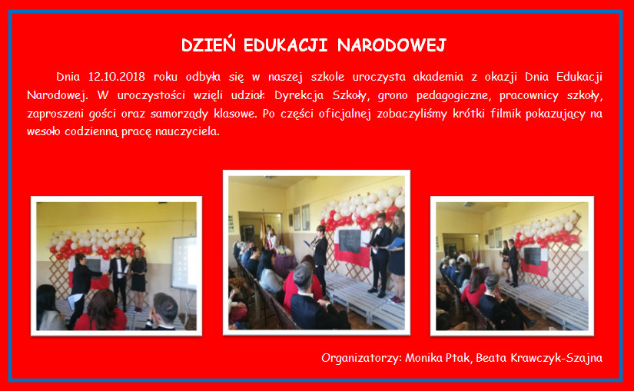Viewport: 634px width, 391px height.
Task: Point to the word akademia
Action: [438, 76]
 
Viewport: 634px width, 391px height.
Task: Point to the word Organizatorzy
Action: [361, 358]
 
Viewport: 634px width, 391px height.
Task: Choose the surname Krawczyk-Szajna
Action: [556, 358]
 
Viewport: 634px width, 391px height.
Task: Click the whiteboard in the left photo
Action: [184, 263]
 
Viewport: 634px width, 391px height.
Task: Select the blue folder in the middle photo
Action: [397, 244]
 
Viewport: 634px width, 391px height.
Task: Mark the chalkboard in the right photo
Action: [533, 257]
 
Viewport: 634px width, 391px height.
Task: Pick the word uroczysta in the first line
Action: [379, 77]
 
